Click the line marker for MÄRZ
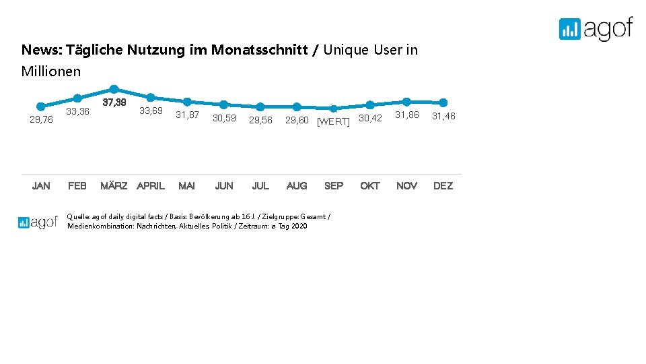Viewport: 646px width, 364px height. coord(114,89)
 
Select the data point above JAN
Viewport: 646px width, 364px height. coord(41,106)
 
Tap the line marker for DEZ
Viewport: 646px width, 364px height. coord(443,102)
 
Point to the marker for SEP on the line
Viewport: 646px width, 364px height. coord(333,108)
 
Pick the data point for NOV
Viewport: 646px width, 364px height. coord(406,101)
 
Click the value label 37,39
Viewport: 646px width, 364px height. coord(114,102)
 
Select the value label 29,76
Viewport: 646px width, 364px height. coord(41,119)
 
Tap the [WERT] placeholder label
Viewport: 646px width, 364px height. coord(333,121)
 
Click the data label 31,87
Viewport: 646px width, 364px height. coord(187,115)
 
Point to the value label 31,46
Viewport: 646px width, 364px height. coord(443,116)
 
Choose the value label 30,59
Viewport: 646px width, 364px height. coord(224,118)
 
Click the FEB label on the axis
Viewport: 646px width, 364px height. coord(77,186)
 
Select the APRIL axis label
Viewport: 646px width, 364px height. coord(151,186)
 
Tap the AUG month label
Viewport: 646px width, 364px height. coord(297,186)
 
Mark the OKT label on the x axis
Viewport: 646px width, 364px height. coord(369,186)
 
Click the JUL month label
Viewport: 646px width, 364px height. coord(260,186)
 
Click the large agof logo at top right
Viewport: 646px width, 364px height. coord(596,28)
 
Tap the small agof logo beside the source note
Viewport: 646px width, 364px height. coord(38,222)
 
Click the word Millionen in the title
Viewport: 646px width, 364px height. coord(51,71)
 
